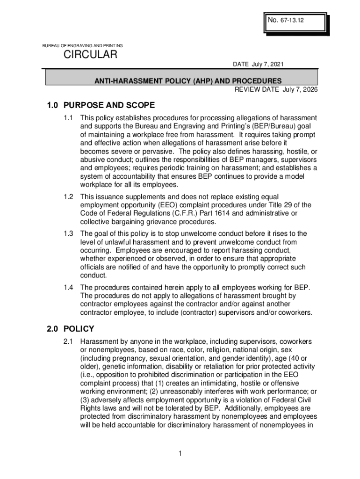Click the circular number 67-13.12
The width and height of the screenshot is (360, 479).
(294, 21)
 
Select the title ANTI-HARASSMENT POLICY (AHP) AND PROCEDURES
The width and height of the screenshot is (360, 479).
(181, 81)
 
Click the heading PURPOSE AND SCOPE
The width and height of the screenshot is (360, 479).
(109, 105)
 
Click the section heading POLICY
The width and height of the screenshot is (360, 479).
(79, 329)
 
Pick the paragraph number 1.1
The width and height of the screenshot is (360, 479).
(69, 118)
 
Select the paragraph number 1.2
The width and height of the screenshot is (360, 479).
(69, 196)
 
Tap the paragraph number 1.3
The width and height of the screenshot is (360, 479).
(69, 233)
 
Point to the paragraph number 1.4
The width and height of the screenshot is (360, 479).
(69, 287)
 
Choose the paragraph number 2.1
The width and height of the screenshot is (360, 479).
(69, 342)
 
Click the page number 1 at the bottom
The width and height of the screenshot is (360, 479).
(180, 454)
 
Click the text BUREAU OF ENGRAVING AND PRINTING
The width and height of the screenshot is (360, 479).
(83, 45)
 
